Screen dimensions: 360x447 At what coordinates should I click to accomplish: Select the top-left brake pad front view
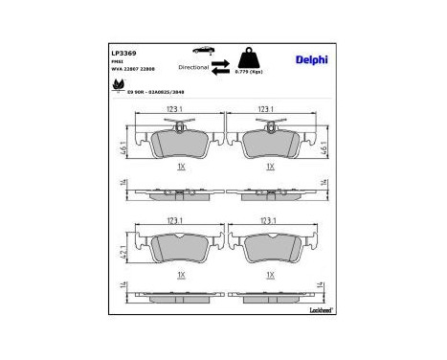(179, 143)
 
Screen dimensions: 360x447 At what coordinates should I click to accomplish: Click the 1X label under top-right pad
(271, 166)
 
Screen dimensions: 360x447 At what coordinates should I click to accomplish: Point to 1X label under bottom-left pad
(179, 274)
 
